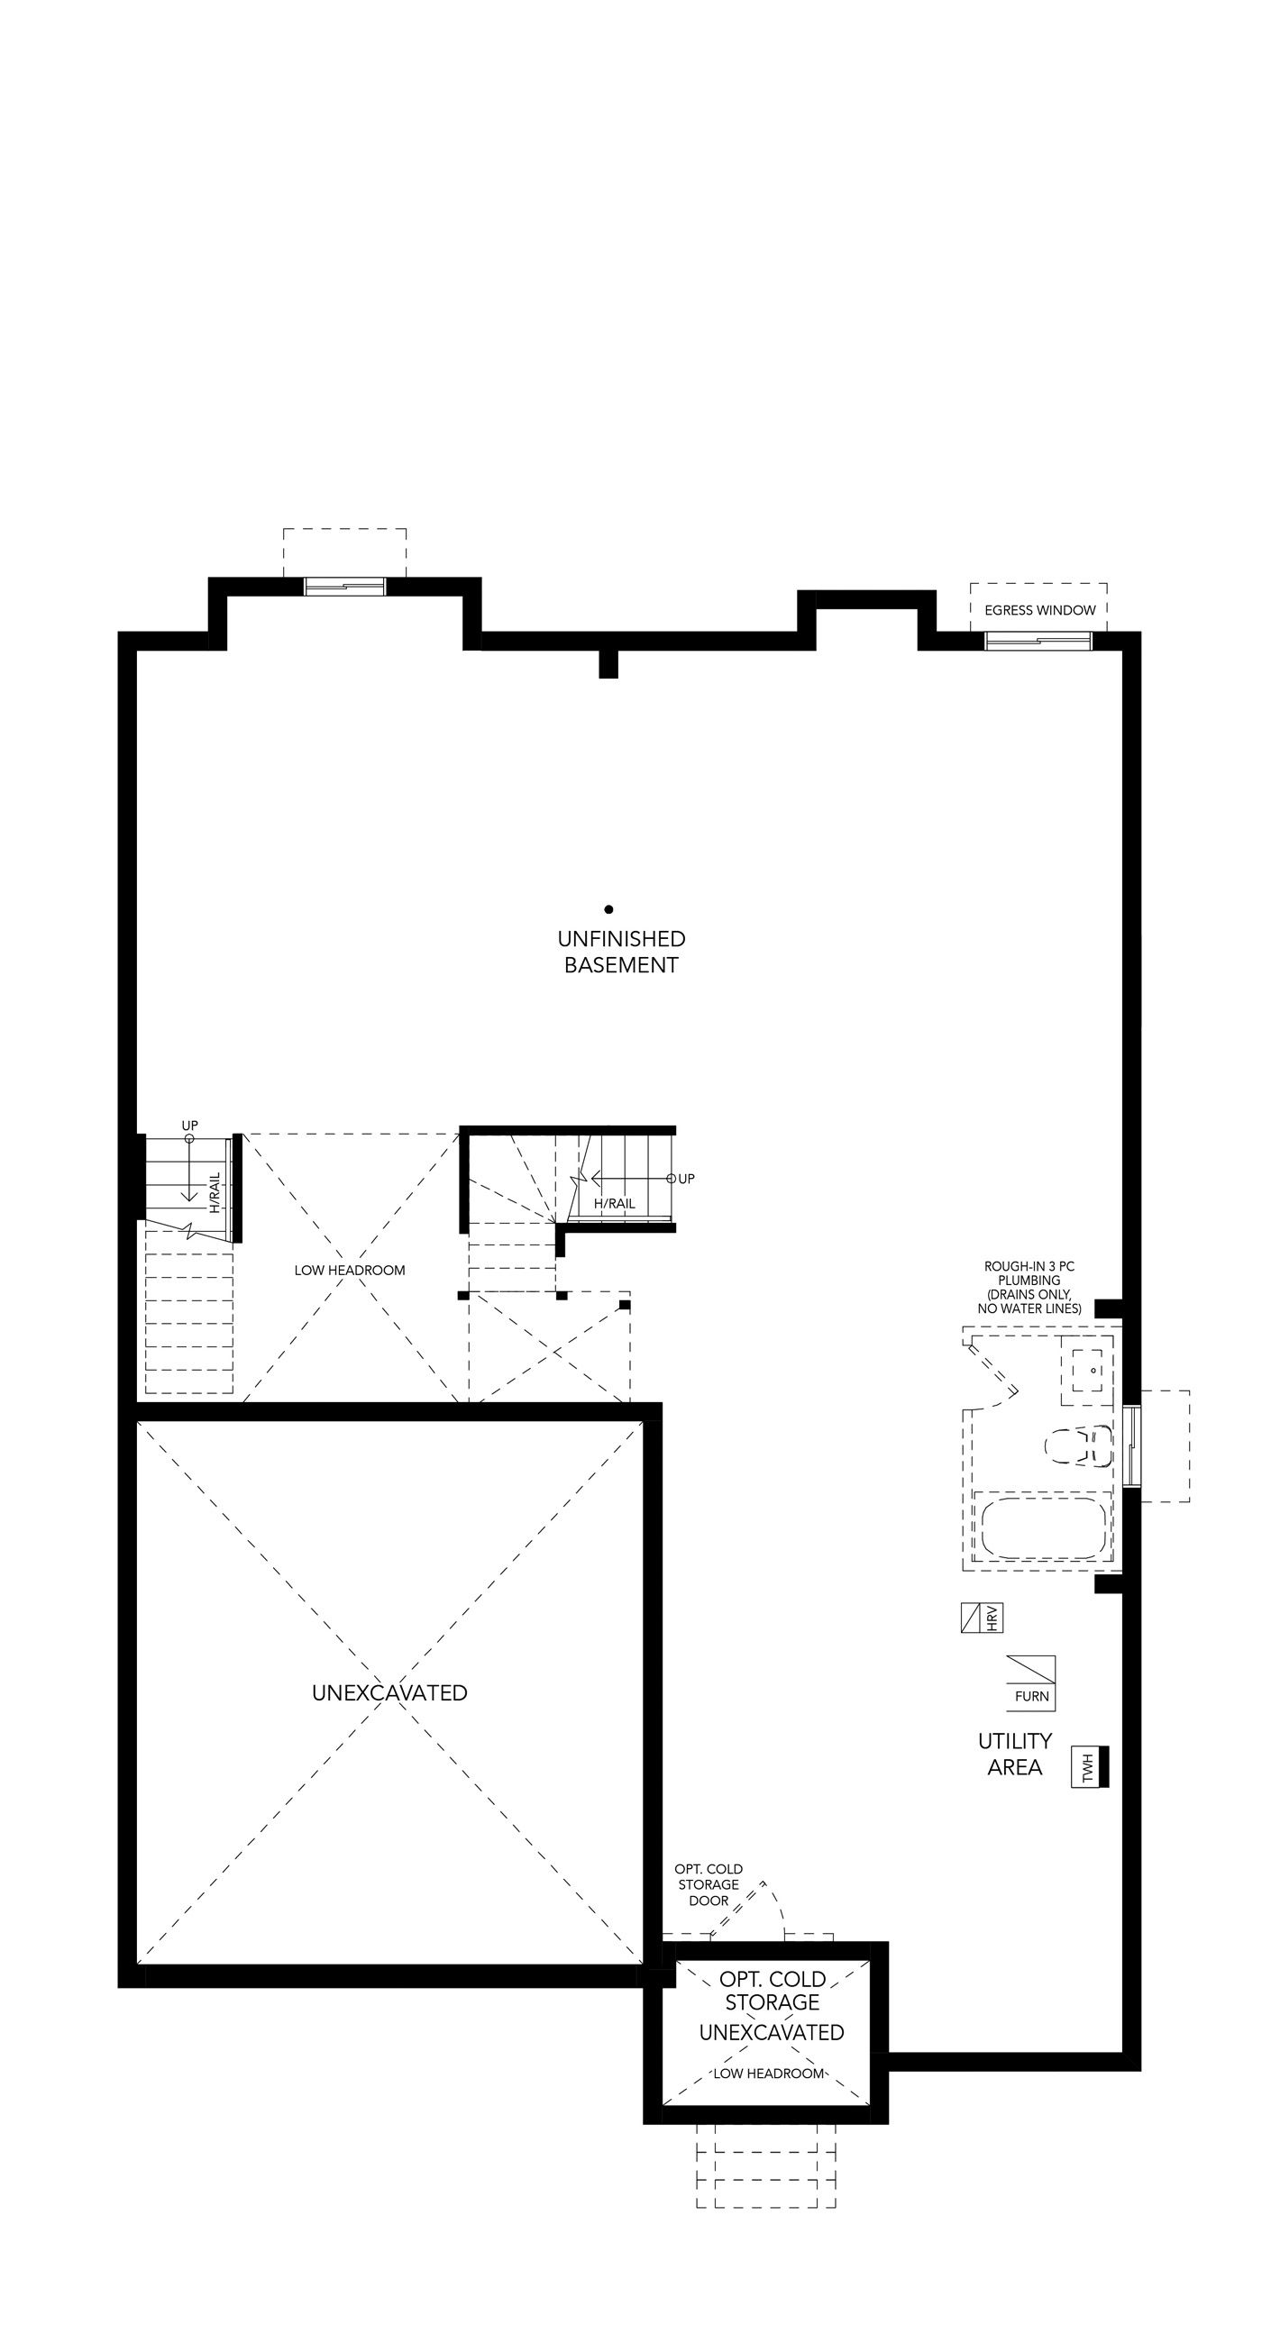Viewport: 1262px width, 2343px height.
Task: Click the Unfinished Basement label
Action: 621,952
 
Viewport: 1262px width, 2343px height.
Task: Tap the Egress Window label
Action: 1040,610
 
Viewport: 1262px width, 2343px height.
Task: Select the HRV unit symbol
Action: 982,1618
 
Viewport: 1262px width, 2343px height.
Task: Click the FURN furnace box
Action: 1031,1683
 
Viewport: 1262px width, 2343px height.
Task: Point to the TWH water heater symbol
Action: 1090,1767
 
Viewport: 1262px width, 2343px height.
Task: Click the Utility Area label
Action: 1014,1754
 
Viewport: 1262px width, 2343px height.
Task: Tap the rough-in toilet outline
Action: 1078,1446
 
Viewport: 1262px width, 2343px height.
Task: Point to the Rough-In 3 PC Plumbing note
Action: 1029,1288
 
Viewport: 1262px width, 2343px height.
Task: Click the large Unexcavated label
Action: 389,1692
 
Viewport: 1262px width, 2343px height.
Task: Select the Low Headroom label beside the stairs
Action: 350,1270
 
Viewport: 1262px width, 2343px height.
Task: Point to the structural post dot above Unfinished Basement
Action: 608,908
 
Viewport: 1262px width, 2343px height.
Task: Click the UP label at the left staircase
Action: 189,1126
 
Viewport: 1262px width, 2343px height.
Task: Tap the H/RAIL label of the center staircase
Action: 614,1203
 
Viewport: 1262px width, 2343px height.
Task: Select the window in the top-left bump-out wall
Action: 345,587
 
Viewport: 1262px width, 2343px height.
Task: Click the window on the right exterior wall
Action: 1131,1445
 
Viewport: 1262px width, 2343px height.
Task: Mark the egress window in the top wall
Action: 1039,641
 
